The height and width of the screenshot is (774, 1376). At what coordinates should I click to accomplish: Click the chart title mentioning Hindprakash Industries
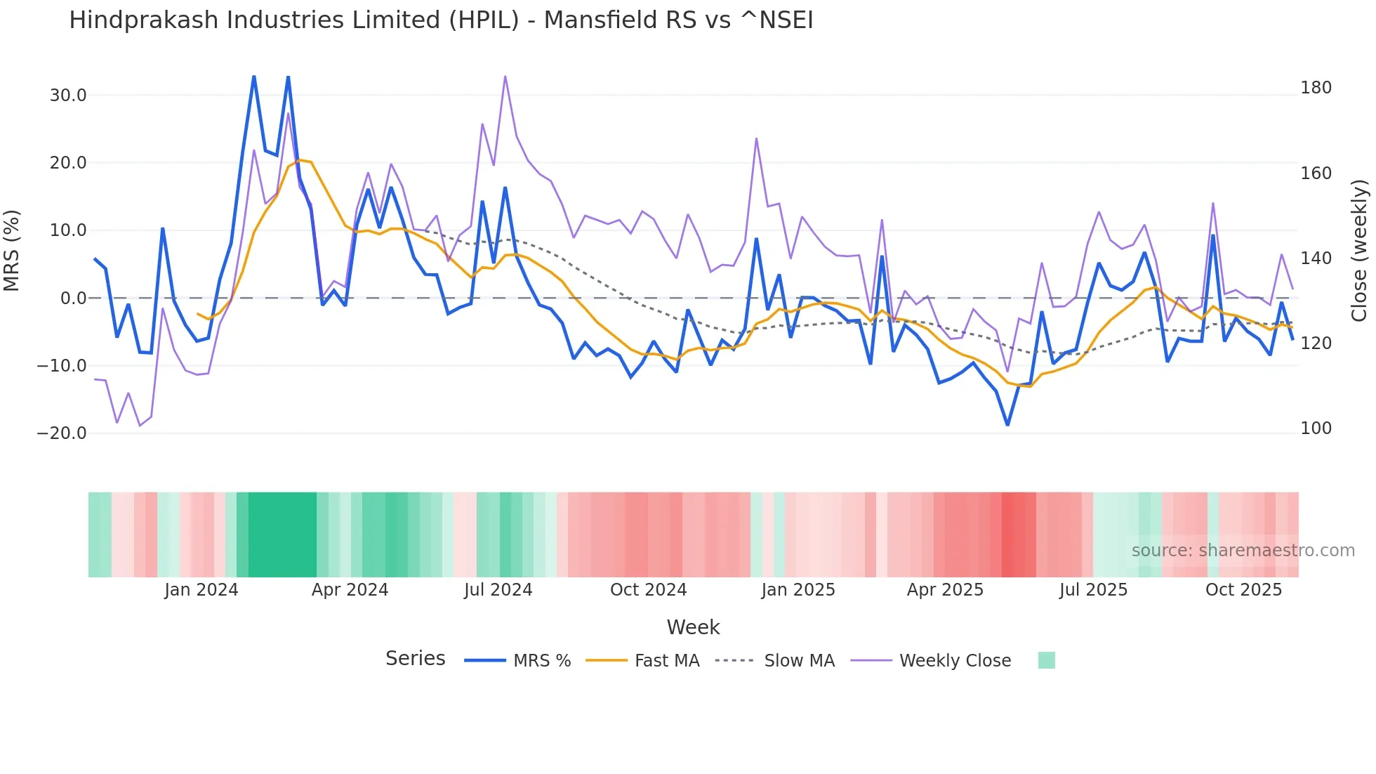[x=441, y=20]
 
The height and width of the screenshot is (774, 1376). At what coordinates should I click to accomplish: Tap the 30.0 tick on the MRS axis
[x=68, y=96]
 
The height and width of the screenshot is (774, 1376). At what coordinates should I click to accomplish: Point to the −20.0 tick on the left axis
[x=62, y=433]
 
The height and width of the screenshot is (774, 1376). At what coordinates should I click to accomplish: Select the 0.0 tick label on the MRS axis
[x=74, y=299]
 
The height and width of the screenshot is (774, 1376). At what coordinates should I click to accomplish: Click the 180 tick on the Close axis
[x=1316, y=88]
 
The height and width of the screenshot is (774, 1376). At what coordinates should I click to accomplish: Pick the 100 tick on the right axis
[x=1316, y=428]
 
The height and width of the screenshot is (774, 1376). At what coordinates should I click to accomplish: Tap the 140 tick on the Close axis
[x=1316, y=258]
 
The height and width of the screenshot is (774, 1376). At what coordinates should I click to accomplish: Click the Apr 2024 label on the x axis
[x=350, y=590]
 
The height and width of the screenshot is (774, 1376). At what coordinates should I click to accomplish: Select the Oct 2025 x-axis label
[x=1243, y=590]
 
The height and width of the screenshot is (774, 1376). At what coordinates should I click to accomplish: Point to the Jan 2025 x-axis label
[x=798, y=590]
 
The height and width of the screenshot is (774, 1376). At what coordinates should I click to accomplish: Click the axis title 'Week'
[x=693, y=627]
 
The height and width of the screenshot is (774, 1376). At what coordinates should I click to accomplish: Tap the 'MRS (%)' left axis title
[x=12, y=251]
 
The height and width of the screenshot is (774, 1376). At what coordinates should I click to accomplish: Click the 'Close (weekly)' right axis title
[x=1360, y=251]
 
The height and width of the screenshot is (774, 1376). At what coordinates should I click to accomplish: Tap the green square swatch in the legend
[x=1046, y=660]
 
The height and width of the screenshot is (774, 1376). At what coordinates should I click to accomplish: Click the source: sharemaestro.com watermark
[x=1243, y=551]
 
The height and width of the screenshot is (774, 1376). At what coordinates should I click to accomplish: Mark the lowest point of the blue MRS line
[x=1007, y=425]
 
